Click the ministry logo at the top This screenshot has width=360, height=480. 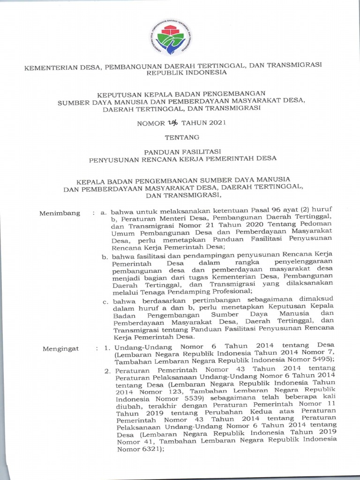(173, 37)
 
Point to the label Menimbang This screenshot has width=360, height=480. (60, 214)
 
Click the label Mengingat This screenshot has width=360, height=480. (60, 349)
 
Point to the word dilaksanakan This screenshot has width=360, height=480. (309, 283)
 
